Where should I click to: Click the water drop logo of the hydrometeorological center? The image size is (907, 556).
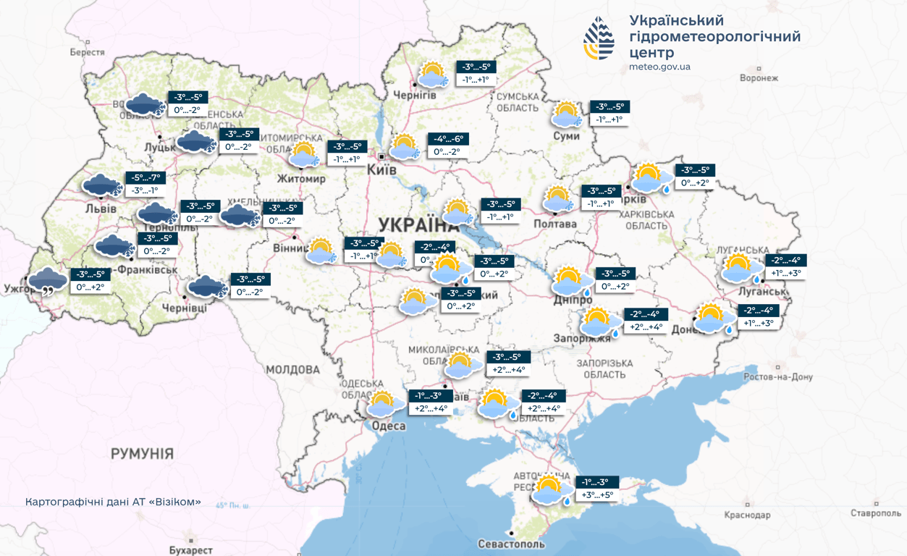click(x=599, y=38)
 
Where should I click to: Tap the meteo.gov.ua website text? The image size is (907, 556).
click(x=659, y=67)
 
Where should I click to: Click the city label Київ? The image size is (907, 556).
click(x=382, y=169)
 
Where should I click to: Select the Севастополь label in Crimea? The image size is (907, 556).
click(x=511, y=544)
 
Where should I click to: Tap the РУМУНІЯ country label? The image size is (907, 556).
click(x=142, y=454)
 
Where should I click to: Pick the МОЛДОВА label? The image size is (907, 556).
click(x=292, y=369)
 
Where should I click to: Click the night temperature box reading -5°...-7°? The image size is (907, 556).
click(x=145, y=177)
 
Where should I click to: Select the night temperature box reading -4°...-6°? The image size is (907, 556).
click(x=449, y=139)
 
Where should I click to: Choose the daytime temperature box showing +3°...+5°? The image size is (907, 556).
click(x=597, y=495)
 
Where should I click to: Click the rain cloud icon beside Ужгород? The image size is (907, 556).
click(x=48, y=280)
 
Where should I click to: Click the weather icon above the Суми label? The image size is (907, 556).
click(x=566, y=114)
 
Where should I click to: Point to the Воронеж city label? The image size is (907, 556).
click(x=759, y=77)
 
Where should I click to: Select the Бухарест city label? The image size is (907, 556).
click(x=190, y=550)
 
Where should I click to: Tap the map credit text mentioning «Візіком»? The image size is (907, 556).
click(x=113, y=502)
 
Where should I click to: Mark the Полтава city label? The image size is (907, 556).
click(x=554, y=224)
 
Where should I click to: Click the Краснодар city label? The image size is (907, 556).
click(x=747, y=515)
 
